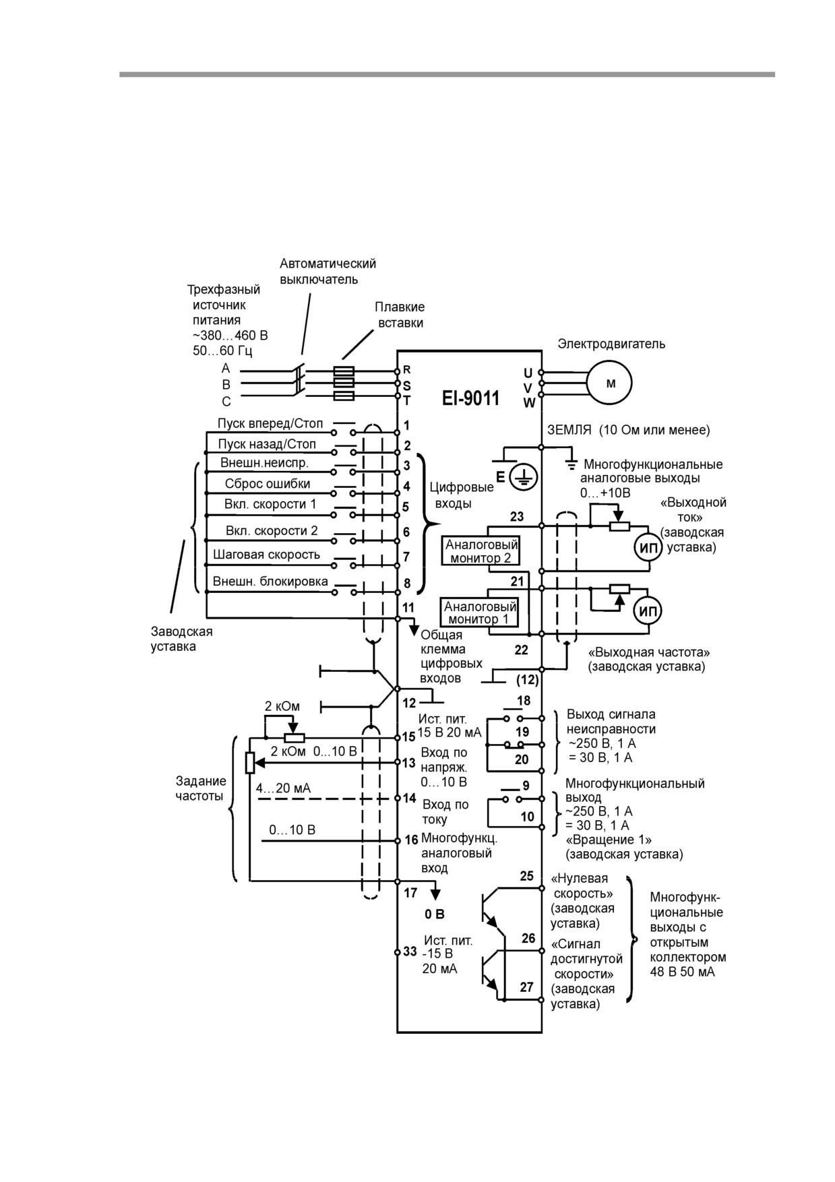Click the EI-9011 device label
pos(471,398)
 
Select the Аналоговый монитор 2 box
pos(481,551)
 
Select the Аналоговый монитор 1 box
pos(480,613)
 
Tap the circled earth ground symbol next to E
pos(523,478)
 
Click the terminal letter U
pos(528,373)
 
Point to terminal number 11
pos(408,608)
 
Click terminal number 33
pos(410,952)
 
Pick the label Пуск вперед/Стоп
pos(270,423)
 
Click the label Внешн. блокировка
pos(270,581)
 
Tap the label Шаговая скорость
pos(266,555)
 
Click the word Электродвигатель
pos(611,344)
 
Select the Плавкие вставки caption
pos(400,315)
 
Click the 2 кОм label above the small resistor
pos(282,706)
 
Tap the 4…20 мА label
pos(283,788)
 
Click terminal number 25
pos(526,876)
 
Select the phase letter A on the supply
pos(226,369)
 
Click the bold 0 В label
pos(434,914)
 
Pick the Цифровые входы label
pos(462,495)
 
